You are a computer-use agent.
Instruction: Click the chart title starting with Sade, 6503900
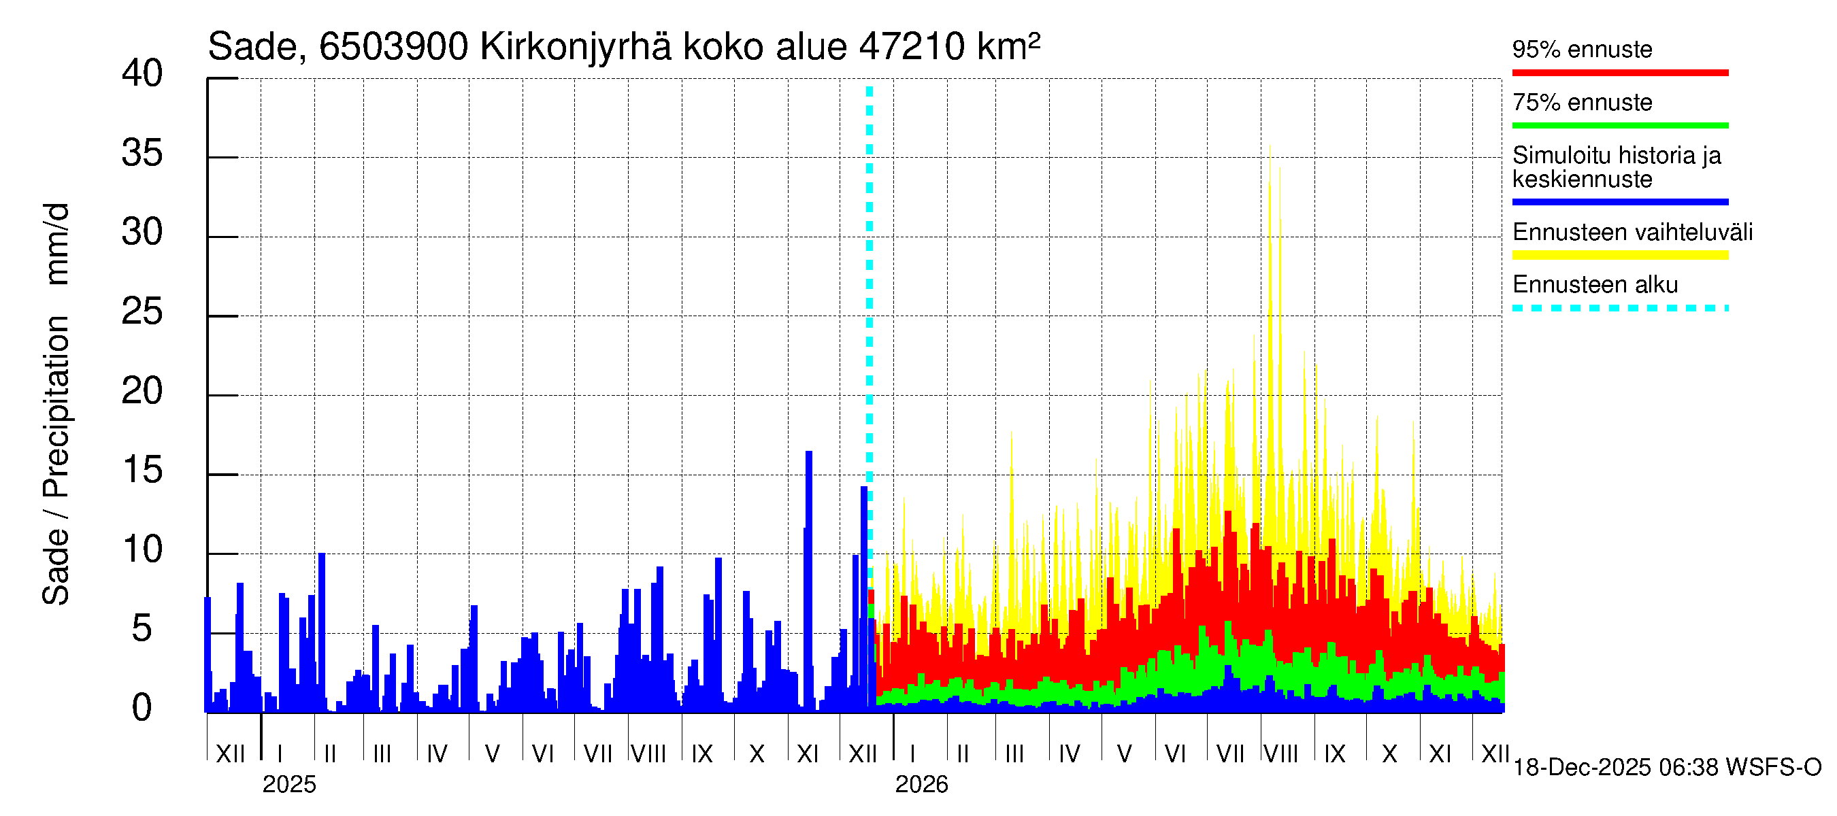(x=623, y=47)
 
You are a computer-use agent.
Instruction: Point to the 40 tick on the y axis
(x=142, y=73)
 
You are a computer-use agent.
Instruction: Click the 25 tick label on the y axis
(x=142, y=311)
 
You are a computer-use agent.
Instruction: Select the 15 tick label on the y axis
(x=142, y=471)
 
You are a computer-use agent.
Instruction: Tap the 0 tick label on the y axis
(x=142, y=708)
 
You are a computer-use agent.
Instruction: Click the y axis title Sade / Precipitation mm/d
(x=56, y=404)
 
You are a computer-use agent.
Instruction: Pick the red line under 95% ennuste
(x=1619, y=73)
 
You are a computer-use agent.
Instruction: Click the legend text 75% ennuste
(x=1582, y=103)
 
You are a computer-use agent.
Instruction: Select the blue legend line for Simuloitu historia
(x=1619, y=202)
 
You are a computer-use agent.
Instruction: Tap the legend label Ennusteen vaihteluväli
(x=1632, y=233)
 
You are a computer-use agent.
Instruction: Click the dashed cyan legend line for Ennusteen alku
(x=1619, y=308)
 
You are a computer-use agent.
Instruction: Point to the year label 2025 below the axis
(x=288, y=785)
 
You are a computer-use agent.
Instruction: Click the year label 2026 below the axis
(x=921, y=785)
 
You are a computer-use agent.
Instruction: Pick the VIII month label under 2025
(x=649, y=754)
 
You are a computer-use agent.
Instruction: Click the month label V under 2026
(x=1124, y=754)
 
